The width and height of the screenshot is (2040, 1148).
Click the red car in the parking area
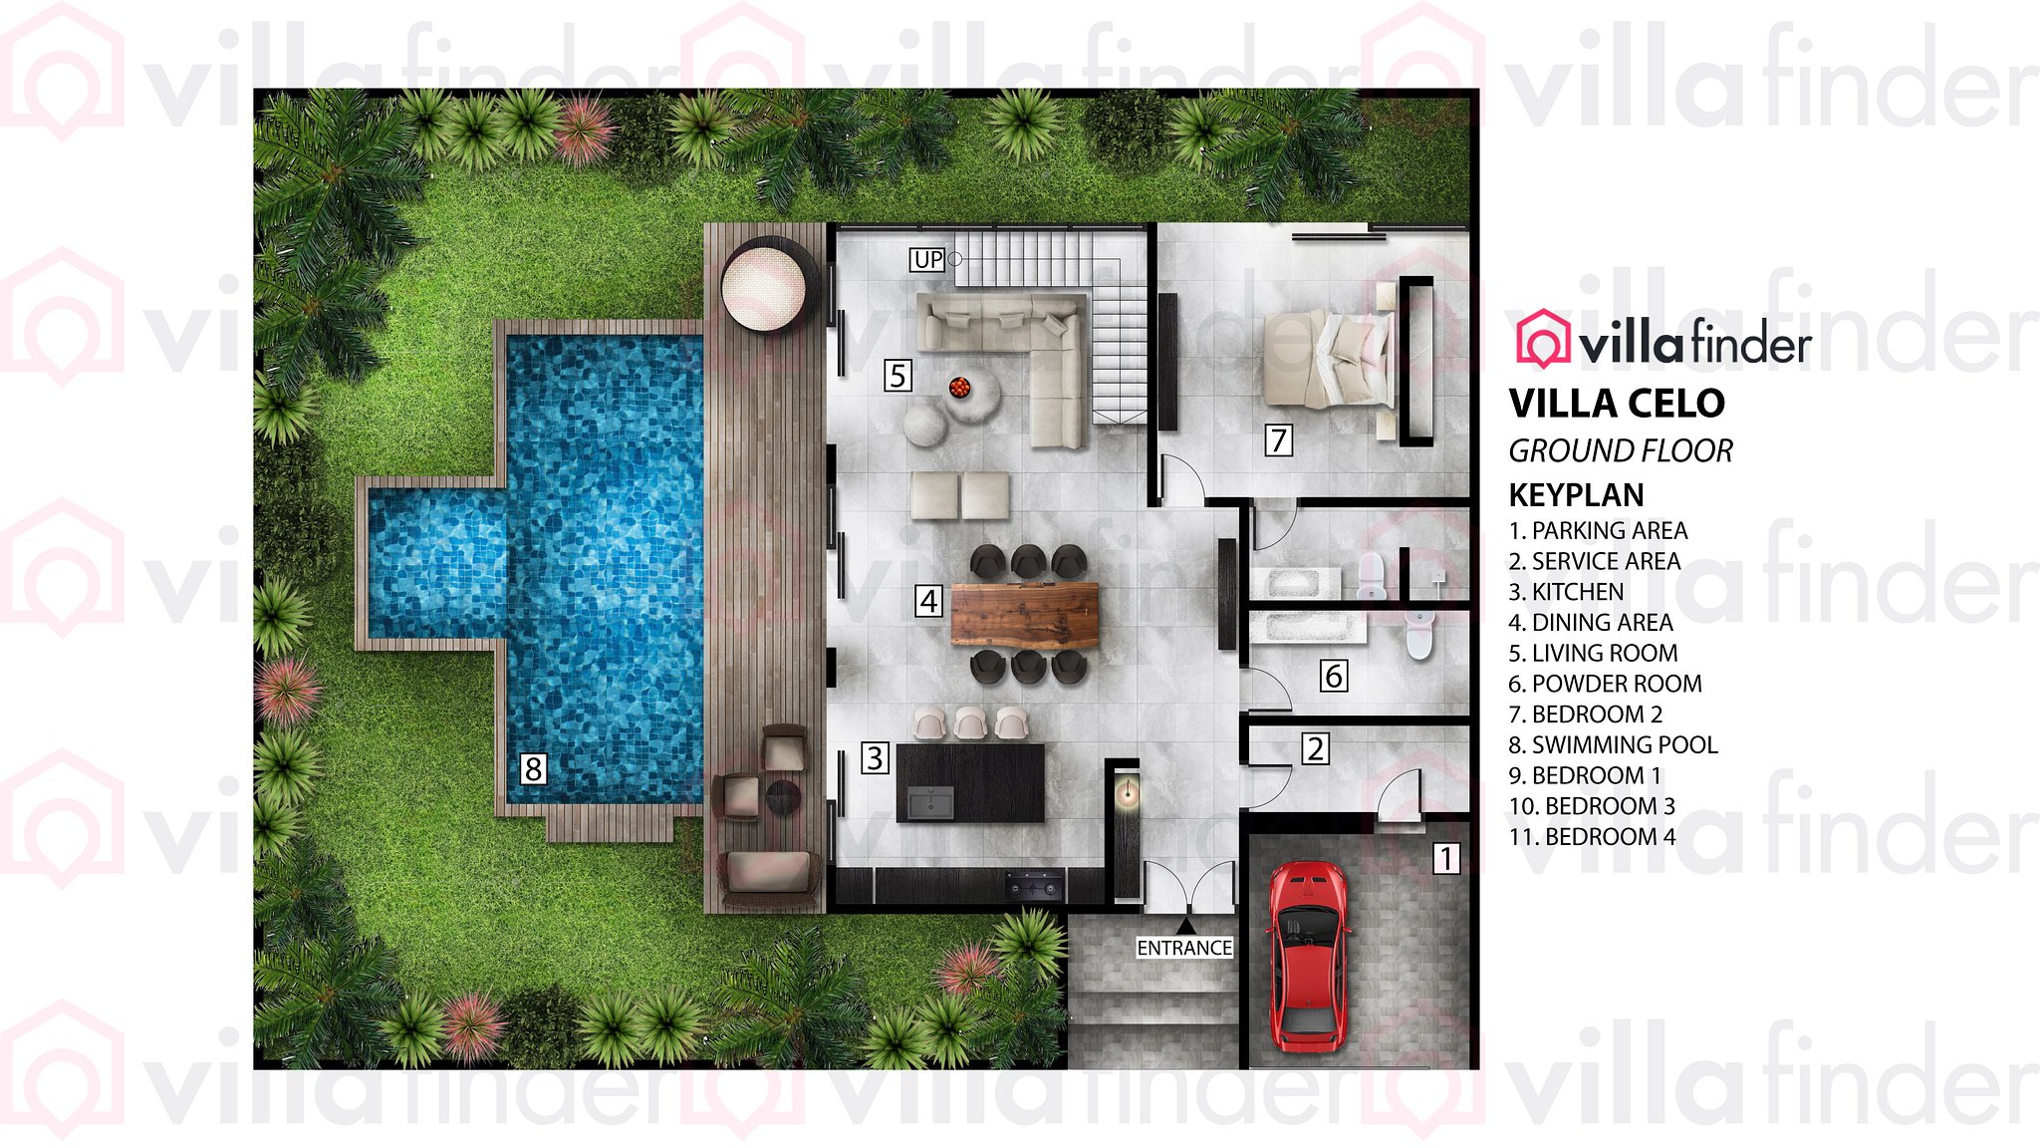point(1308,957)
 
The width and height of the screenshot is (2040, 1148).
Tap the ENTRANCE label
point(1184,948)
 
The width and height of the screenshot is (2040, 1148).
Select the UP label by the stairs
point(927,260)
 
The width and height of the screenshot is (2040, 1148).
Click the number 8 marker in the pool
point(533,768)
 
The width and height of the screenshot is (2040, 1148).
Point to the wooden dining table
point(1024,615)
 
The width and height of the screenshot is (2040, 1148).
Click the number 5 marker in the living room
point(897,376)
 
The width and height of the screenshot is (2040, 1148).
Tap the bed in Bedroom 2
point(1328,359)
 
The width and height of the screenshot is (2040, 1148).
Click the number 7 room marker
point(1279,439)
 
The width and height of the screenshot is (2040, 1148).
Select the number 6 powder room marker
point(1334,676)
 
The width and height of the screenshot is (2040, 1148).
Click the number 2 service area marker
point(1315,748)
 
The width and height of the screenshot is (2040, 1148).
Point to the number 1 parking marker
point(1446,858)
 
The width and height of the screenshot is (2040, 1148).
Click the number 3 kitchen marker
point(875,758)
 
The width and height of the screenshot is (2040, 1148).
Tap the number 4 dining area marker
point(928,601)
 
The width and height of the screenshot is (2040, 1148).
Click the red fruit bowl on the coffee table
point(959,387)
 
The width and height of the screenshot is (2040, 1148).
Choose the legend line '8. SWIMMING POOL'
point(1613,744)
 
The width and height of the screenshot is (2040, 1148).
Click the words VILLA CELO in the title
point(1617,404)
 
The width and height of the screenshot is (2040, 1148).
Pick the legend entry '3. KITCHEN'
point(1566,592)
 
